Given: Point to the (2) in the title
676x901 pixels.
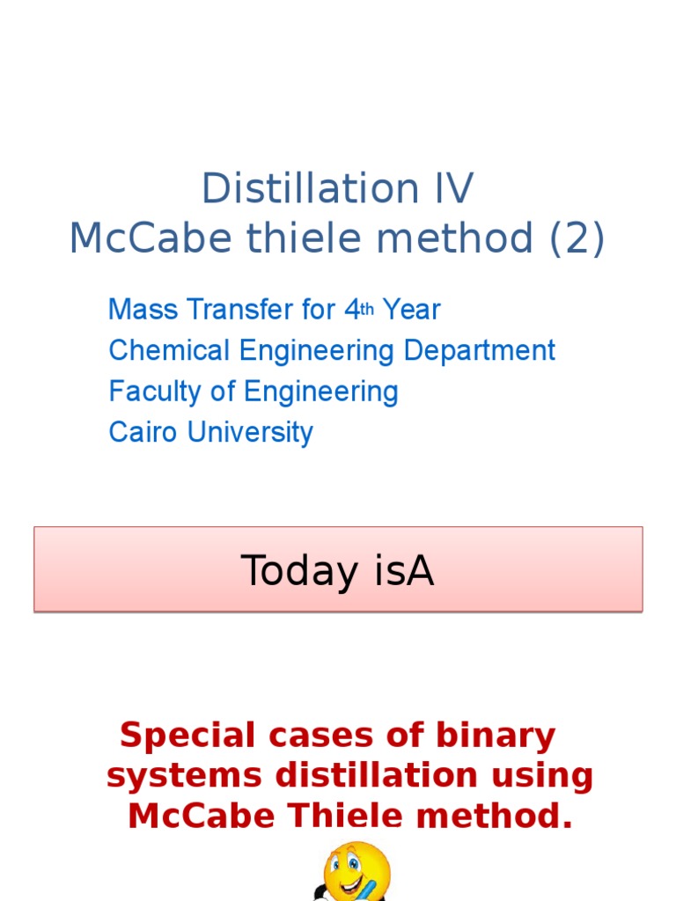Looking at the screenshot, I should point(575,238).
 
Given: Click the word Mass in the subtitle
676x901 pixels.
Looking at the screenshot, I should point(140,310).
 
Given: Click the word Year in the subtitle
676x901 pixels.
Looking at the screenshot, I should point(411,310).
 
